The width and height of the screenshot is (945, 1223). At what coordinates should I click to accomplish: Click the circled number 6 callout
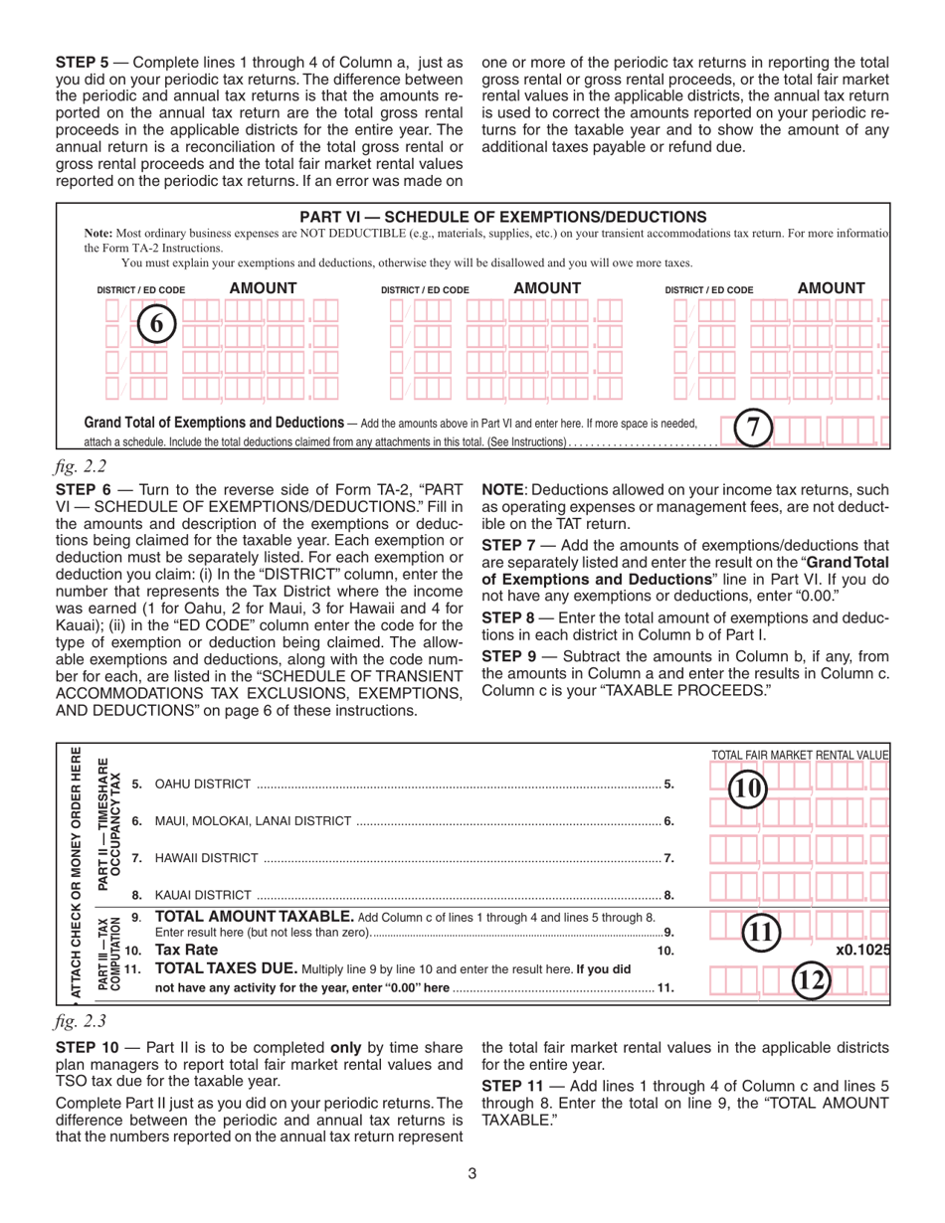click(156, 324)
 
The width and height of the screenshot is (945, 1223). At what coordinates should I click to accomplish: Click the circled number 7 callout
click(753, 429)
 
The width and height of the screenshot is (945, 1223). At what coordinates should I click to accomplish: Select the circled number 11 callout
click(763, 932)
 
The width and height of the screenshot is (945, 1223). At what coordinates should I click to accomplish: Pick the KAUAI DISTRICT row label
click(203, 895)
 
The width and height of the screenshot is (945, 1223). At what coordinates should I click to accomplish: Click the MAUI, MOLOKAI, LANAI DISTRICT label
click(253, 821)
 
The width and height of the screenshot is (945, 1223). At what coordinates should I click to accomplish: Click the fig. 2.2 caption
click(81, 465)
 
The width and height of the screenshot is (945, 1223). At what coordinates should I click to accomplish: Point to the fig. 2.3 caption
click(81, 1020)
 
